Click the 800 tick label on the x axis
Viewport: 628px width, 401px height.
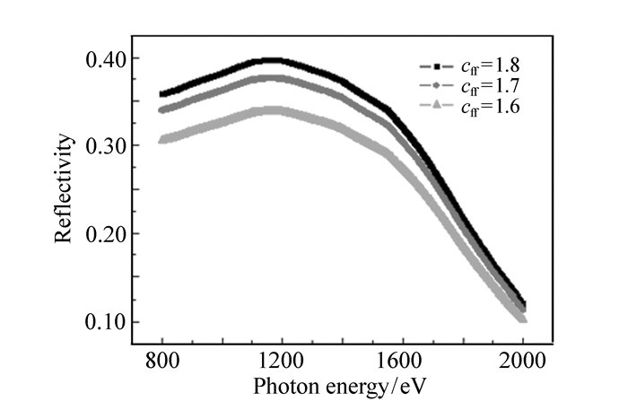click(x=162, y=363)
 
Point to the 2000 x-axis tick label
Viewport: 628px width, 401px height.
click(x=523, y=363)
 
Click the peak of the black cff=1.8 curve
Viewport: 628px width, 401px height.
click(x=267, y=61)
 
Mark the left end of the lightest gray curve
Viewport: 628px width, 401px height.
click(x=162, y=139)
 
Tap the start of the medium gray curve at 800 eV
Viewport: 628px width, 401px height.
click(x=162, y=110)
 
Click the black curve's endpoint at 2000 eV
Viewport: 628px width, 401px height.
click(x=522, y=303)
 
